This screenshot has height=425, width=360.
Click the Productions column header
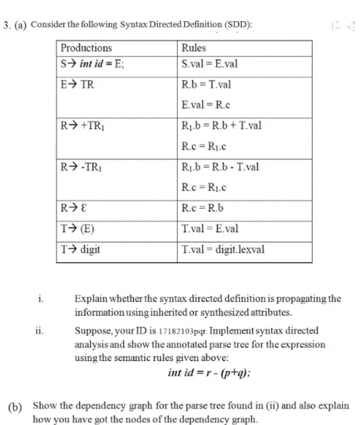87,48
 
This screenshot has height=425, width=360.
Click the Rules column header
194,48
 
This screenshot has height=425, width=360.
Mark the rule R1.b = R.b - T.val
219,167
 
